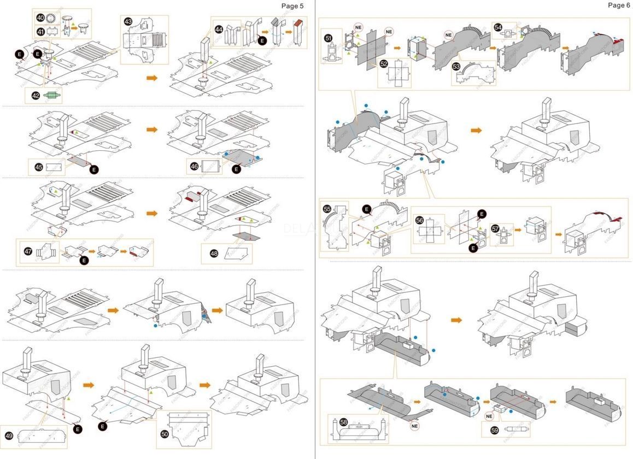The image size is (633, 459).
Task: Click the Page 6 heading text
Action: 619,5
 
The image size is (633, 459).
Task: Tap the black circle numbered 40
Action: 40,17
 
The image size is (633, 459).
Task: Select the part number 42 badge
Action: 36,95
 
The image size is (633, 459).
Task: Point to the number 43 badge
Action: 128,21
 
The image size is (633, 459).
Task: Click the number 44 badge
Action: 219,29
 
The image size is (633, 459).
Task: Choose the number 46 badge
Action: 194,166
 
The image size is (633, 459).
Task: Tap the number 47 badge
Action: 28,251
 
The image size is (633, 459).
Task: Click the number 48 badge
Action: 213,253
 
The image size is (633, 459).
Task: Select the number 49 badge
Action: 9,436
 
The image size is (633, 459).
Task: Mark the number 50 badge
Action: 165,433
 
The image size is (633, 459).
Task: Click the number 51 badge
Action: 328,38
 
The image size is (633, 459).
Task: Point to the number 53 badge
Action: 456,66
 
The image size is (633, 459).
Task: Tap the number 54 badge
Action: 497,27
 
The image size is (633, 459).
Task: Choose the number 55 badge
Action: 327,209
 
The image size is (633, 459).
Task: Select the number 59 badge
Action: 495,430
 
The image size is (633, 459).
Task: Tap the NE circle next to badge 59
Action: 489,416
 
